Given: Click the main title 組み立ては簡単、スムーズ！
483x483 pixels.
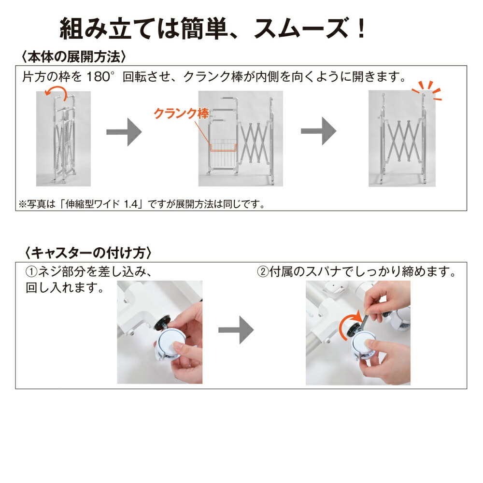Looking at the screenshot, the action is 213,28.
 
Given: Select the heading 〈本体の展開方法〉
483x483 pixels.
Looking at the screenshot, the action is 74,57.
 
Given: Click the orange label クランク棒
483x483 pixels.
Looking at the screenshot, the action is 181,114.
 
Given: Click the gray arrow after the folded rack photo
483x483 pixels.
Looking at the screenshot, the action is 124,132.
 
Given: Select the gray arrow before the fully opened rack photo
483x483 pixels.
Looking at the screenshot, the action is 318,131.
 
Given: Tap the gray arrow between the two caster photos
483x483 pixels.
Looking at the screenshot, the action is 236,330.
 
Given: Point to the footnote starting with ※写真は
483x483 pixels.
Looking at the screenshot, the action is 142,204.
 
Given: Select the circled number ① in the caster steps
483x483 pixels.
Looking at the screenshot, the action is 31,271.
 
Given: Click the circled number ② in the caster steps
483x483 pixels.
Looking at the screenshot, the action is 263,271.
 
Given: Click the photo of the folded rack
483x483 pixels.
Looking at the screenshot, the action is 63,139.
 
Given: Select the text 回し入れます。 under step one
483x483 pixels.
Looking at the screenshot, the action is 65,288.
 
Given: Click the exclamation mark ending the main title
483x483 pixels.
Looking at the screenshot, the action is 360,28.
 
